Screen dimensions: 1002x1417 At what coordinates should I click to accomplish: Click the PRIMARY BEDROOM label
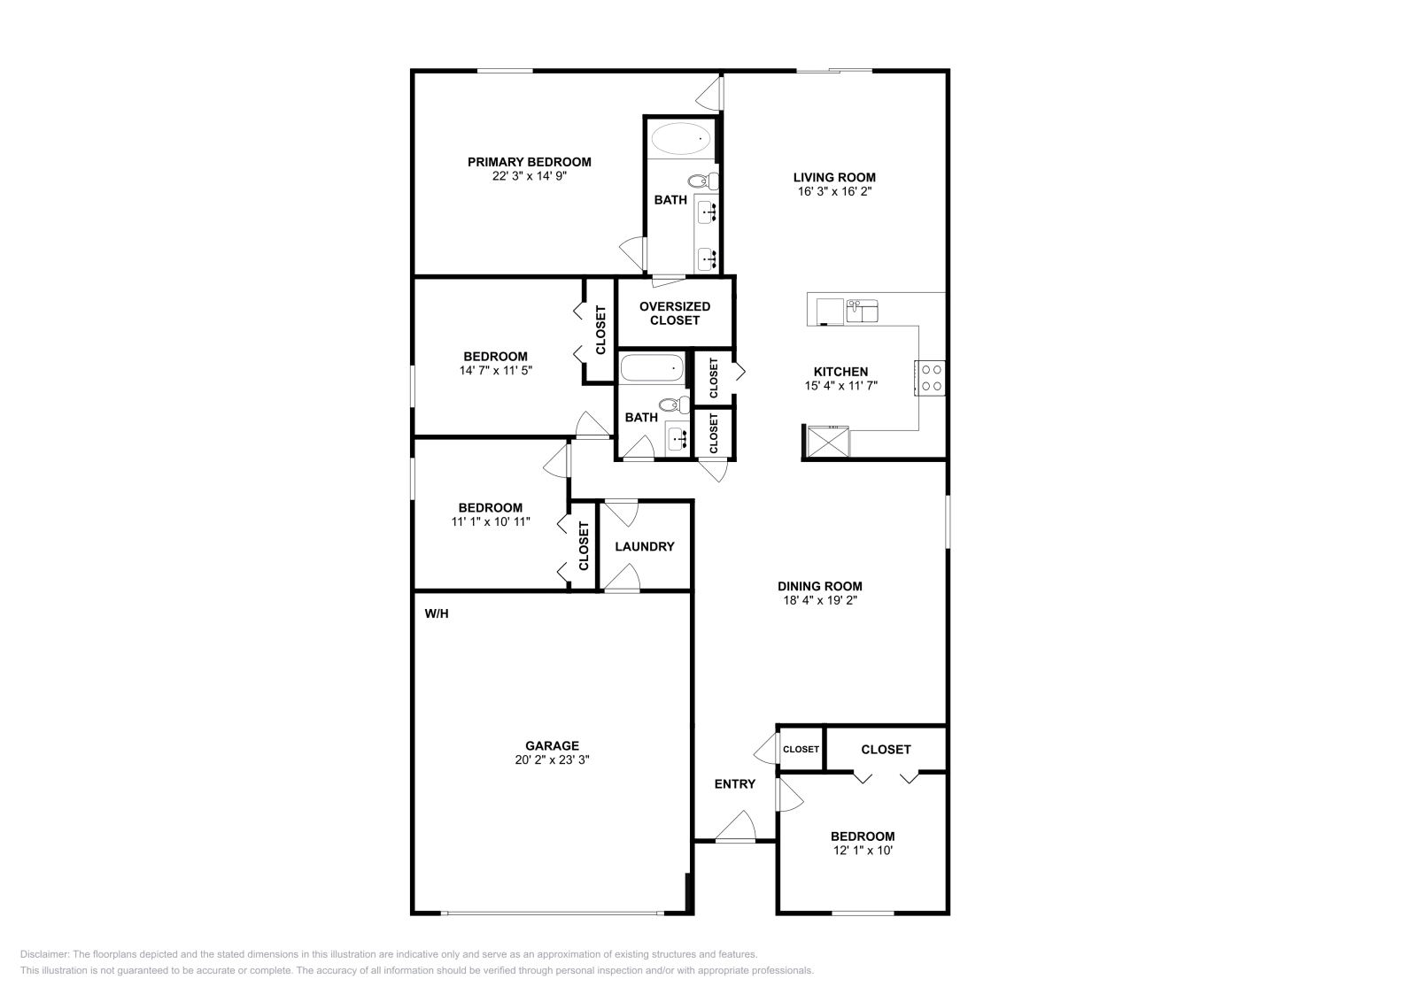pos(529,162)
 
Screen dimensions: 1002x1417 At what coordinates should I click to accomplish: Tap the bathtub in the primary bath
pos(681,139)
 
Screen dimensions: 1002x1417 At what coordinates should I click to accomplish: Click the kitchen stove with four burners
pos(931,378)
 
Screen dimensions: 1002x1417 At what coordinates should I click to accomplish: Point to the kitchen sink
pos(861,312)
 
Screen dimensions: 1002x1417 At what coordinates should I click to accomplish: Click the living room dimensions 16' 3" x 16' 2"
pos(833,191)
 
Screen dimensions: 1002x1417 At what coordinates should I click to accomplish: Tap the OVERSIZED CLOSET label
pos(675,313)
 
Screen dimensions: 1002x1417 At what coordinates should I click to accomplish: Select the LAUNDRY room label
pos(645,547)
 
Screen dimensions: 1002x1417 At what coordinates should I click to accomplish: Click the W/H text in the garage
pos(437,613)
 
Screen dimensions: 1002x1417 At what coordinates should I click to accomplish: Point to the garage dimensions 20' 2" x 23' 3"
pos(552,759)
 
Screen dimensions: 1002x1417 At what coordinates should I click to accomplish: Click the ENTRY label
pos(735,784)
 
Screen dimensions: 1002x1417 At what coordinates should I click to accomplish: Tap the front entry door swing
pos(735,829)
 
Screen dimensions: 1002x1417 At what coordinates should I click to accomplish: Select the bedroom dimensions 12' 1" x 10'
pos(862,851)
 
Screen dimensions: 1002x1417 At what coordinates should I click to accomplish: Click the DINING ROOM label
pos(819,586)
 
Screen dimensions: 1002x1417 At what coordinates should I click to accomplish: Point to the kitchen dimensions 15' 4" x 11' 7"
pos(840,386)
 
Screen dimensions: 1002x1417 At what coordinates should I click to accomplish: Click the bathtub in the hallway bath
pos(652,367)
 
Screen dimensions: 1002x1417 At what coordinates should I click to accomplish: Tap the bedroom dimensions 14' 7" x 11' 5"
pos(495,371)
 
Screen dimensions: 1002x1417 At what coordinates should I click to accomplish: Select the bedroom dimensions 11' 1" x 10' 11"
pos(490,522)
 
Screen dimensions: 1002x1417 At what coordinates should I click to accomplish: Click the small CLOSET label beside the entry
pos(801,750)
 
